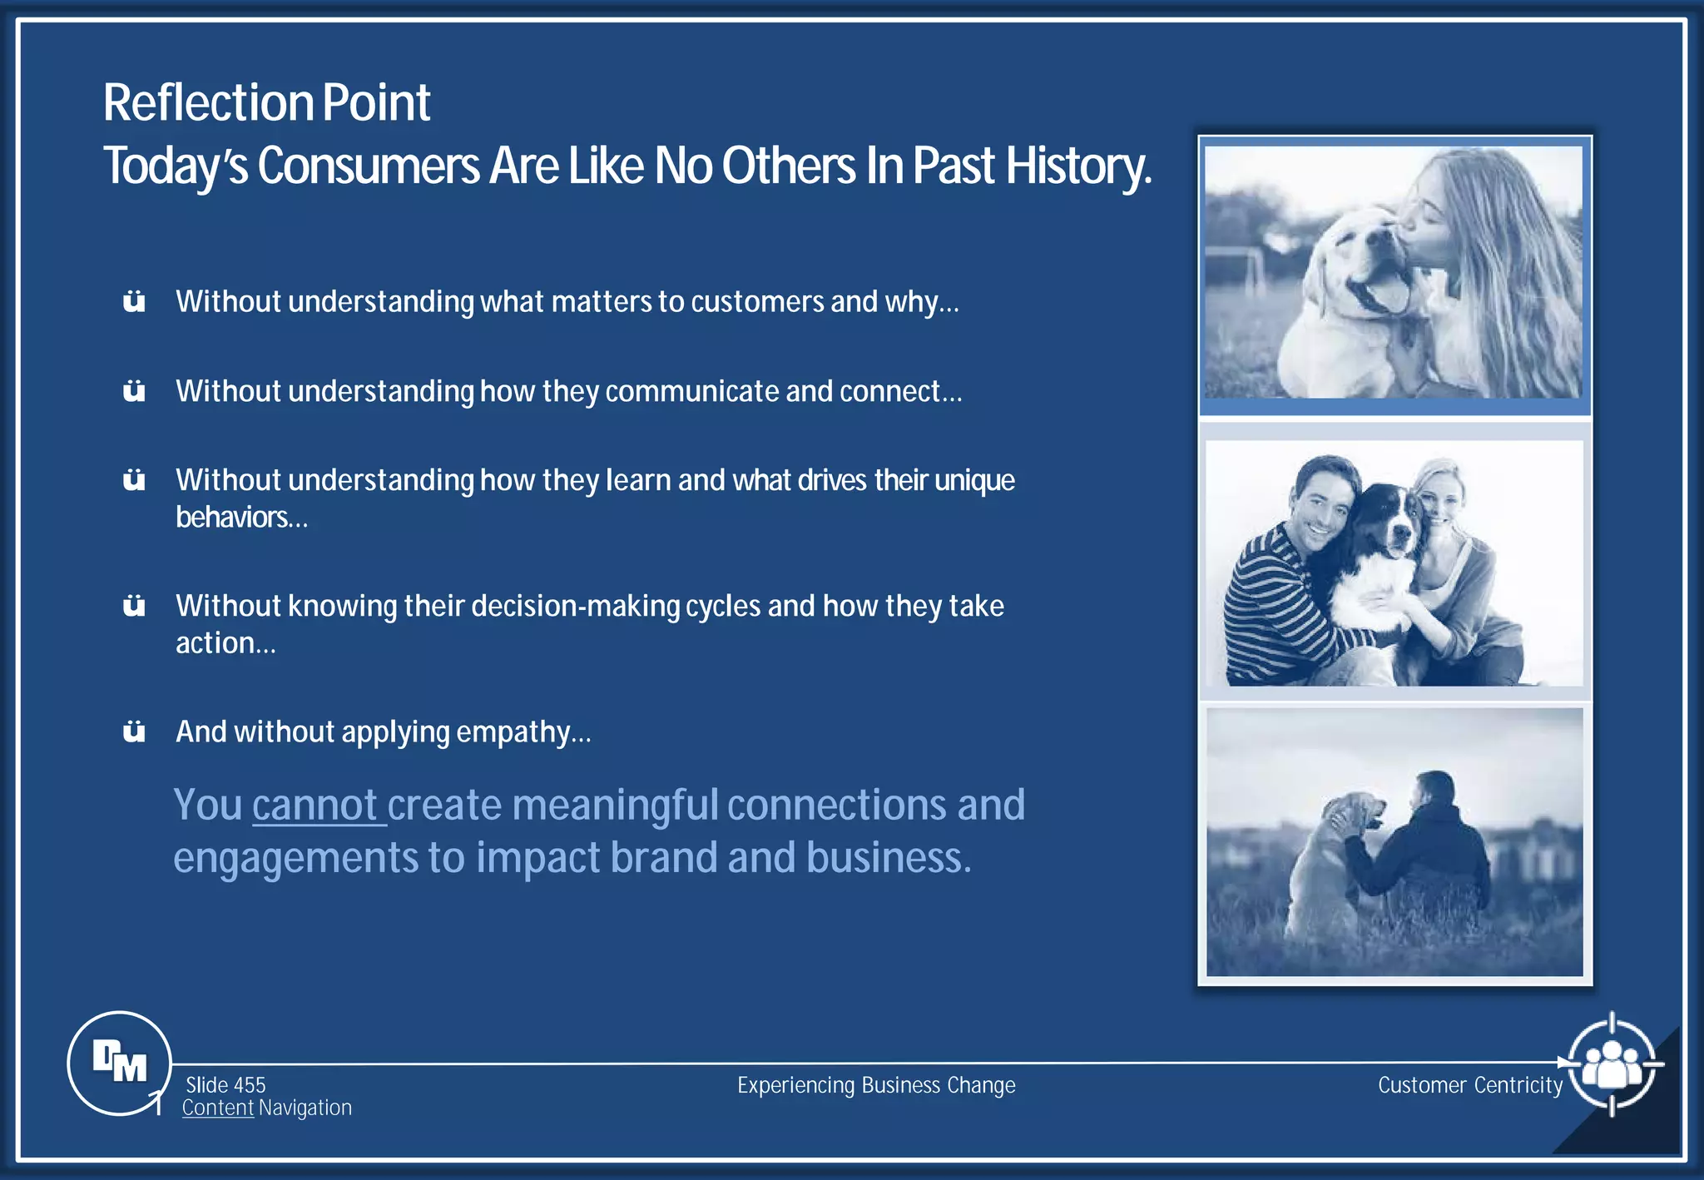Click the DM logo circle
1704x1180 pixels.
pos(119,1063)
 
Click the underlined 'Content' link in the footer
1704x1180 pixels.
pos(218,1108)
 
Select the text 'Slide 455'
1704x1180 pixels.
pos(225,1084)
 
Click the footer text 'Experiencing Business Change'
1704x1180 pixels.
pos(876,1085)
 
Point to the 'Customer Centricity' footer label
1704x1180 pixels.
pos(1470,1085)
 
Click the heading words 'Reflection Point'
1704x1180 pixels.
pos(266,103)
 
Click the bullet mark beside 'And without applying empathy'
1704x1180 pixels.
pos(134,731)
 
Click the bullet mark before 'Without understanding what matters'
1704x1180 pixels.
pos(134,301)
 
